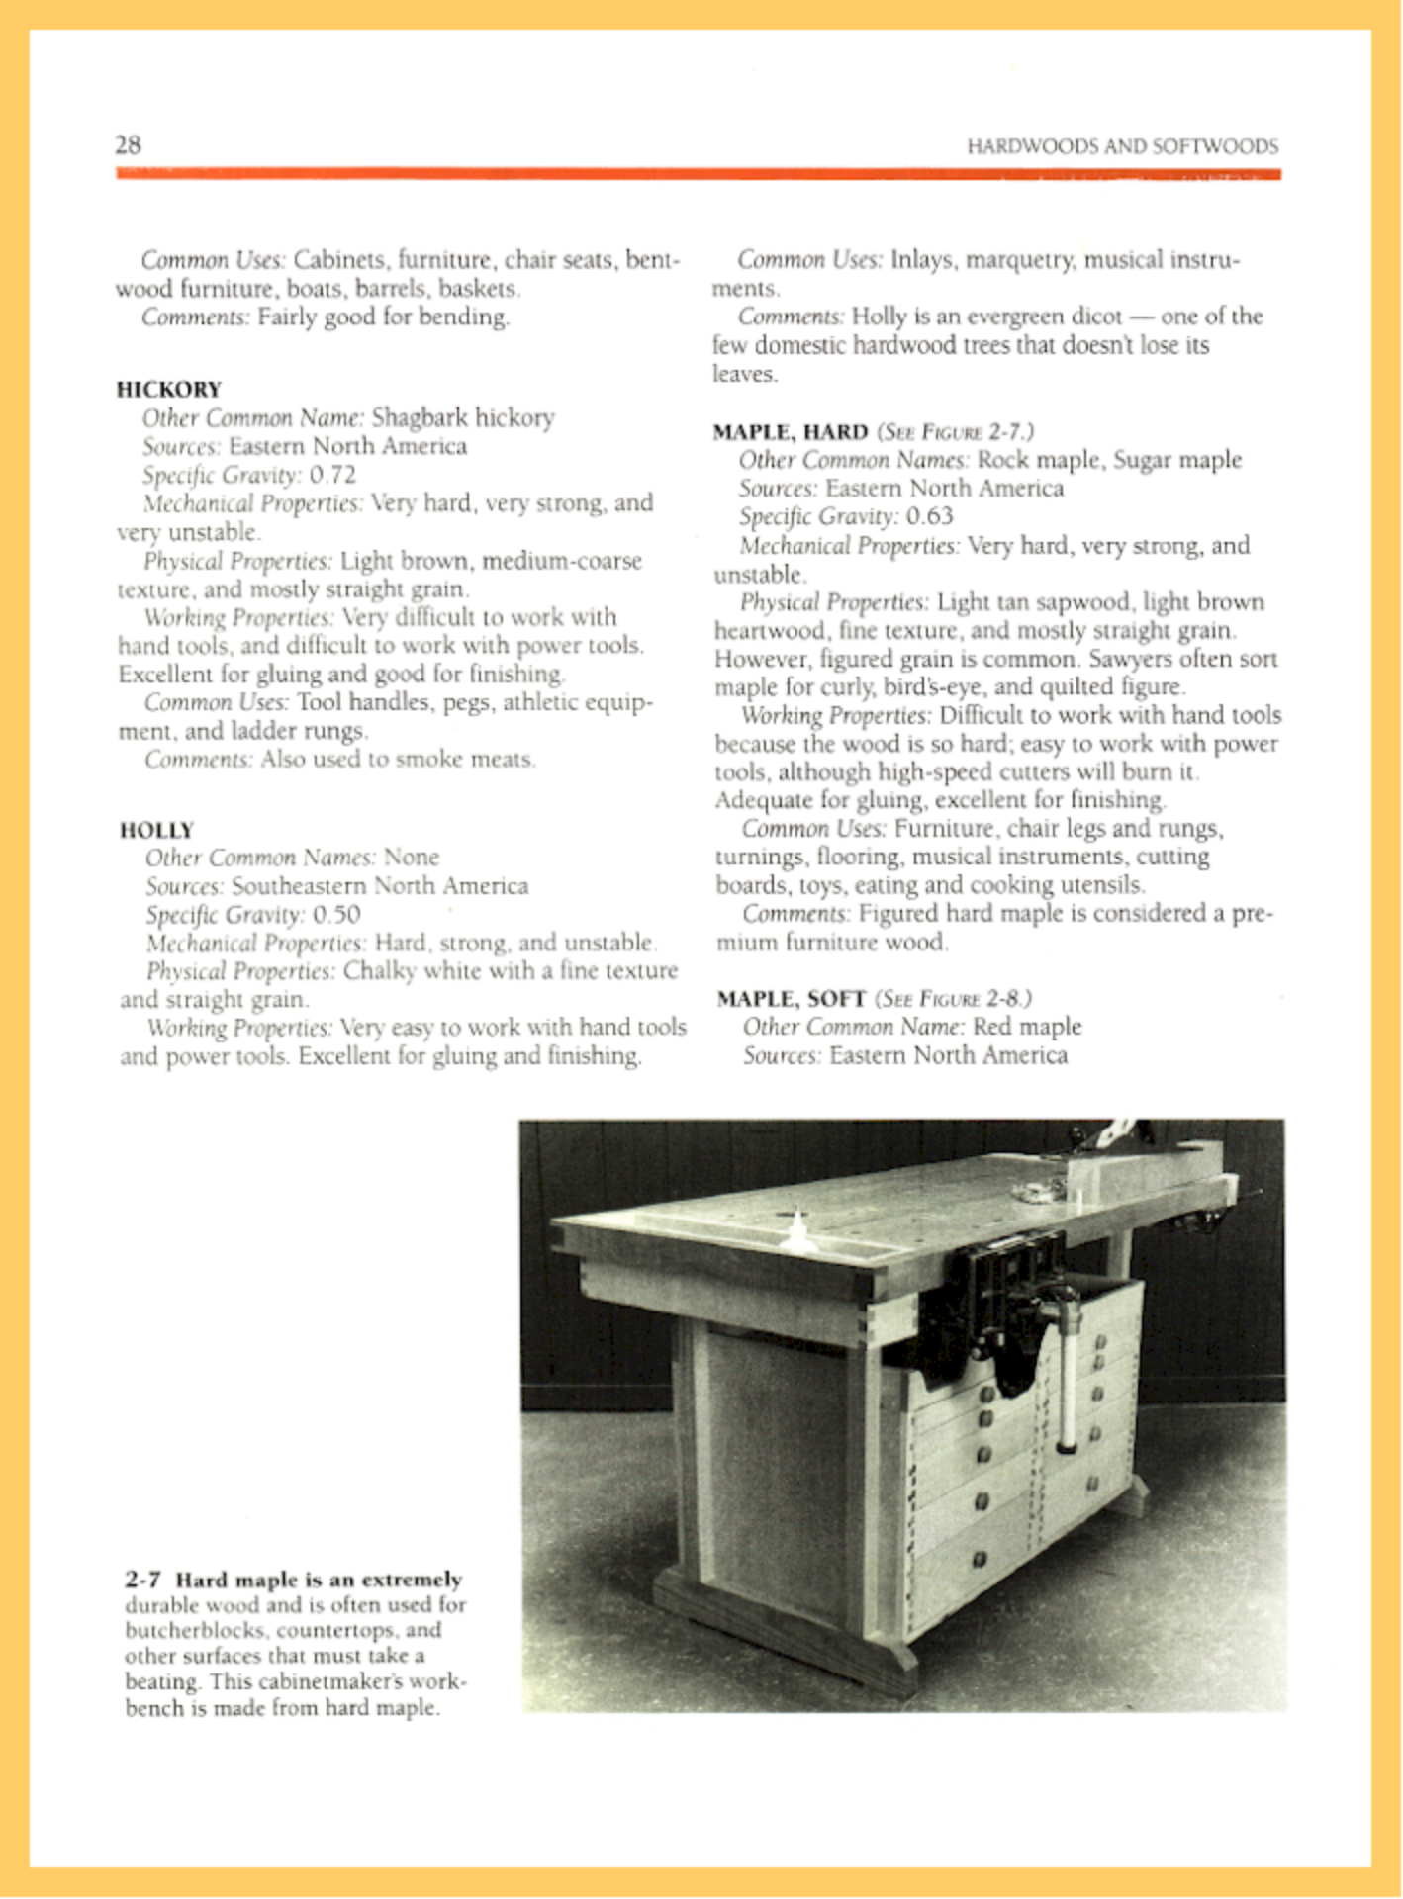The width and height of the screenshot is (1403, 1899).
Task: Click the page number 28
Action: click(x=128, y=145)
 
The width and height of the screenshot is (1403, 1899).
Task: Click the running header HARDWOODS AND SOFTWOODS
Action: click(x=1122, y=147)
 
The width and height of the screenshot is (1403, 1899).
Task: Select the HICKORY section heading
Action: click(x=168, y=389)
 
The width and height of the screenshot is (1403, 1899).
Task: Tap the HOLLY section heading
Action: click(x=156, y=829)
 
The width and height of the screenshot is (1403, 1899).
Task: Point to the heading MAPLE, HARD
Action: click(x=790, y=431)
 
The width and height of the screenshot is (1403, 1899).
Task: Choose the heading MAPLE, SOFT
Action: click(x=791, y=998)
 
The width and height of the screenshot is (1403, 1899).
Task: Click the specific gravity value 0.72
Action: click(x=332, y=475)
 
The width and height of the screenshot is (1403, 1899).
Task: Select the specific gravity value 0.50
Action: click(x=336, y=914)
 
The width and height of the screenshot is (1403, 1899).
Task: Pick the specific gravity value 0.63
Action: click(x=929, y=516)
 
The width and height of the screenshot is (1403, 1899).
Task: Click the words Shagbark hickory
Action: click(x=462, y=417)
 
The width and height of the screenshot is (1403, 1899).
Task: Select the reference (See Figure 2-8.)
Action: click(x=954, y=998)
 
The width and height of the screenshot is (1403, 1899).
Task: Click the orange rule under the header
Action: click(x=698, y=174)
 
